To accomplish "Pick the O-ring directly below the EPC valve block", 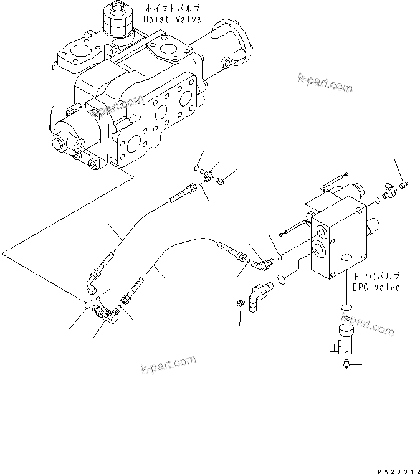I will click(x=346, y=307).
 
